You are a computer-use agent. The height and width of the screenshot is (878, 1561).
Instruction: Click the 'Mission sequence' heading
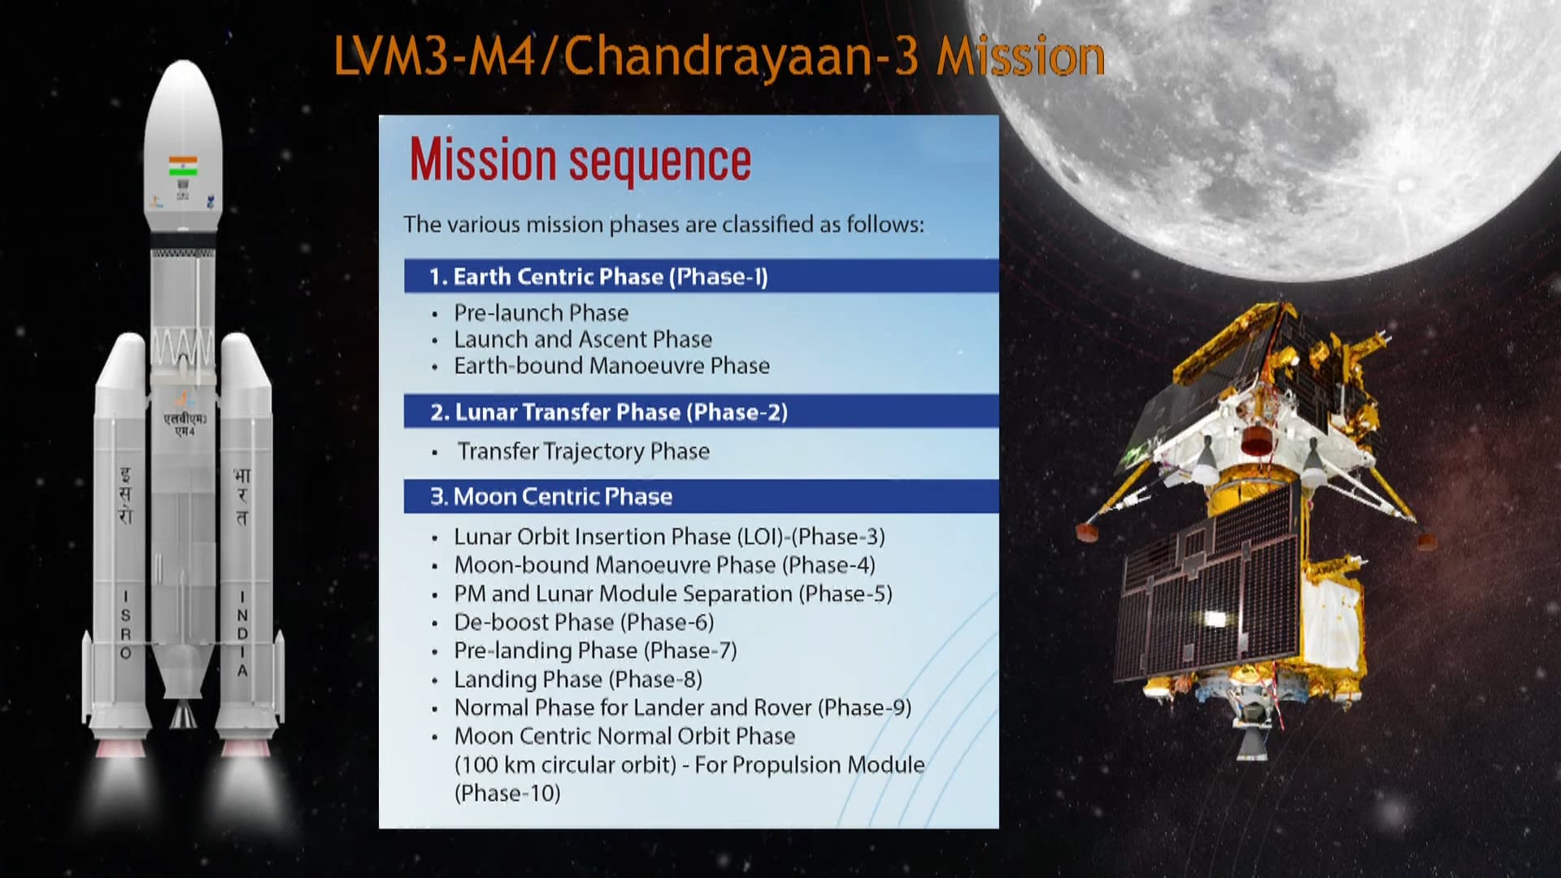click(580, 160)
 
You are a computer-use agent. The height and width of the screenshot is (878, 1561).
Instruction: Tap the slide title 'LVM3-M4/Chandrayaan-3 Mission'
click(720, 57)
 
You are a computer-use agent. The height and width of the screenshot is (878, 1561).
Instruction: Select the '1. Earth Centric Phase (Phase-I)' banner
click(701, 276)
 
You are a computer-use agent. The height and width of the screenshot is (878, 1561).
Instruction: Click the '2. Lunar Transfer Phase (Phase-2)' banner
click(701, 411)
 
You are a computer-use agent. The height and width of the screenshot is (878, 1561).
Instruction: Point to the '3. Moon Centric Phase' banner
click(701, 496)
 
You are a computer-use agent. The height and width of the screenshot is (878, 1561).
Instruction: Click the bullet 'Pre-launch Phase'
click(541, 313)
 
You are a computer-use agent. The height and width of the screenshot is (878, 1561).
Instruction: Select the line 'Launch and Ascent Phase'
click(583, 339)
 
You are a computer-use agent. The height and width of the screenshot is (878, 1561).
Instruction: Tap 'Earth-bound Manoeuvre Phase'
click(611, 366)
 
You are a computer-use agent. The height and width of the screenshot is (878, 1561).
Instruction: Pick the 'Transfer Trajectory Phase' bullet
click(584, 451)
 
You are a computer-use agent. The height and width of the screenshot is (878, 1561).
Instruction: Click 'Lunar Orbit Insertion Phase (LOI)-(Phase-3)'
click(670, 537)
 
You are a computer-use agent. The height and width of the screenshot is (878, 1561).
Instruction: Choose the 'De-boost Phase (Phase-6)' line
click(584, 622)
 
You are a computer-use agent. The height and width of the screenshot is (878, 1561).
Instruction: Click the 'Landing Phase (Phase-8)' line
click(578, 679)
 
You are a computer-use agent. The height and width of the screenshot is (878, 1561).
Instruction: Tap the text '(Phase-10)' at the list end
click(507, 793)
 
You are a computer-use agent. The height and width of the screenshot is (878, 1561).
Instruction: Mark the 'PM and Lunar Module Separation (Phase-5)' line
click(673, 593)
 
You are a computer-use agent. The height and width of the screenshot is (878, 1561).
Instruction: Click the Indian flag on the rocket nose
click(183, 165)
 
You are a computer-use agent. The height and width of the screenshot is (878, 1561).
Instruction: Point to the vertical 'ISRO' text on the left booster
click(125, 624)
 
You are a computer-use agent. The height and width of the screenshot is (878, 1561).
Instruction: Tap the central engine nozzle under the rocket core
click(183, 715)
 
